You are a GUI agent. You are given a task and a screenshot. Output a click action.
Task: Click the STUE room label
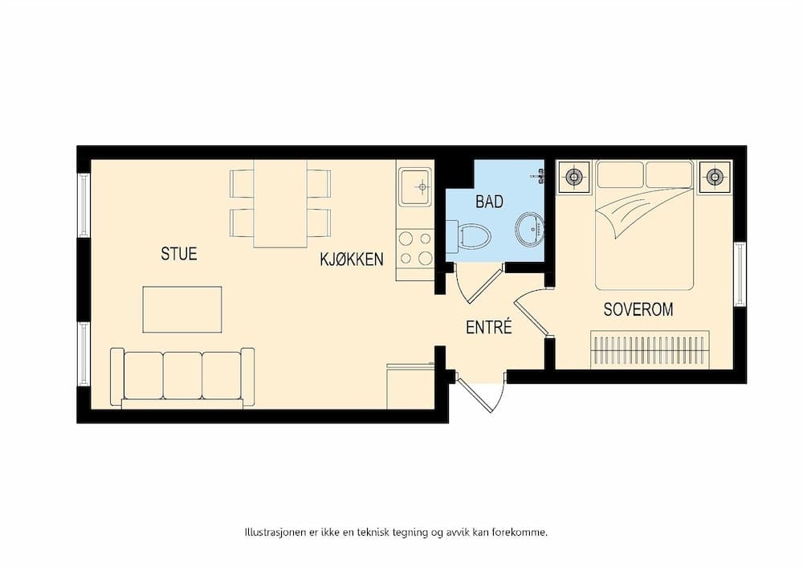point(178,254)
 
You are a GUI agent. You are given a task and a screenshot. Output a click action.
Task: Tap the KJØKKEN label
point(352,259)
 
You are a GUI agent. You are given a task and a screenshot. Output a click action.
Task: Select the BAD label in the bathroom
point(489,202)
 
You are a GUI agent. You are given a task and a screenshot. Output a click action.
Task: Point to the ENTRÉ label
point(489,328)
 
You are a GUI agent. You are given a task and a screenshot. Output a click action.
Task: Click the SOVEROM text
point(638,309)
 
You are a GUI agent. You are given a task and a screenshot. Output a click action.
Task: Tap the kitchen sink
point(415,187)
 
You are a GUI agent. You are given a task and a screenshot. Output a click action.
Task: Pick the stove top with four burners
point(414,247)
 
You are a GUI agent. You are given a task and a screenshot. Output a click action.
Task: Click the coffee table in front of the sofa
point(182,309)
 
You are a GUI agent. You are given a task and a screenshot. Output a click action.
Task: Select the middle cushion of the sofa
point(182,375)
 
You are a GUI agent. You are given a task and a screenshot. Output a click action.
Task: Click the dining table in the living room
point(280,203)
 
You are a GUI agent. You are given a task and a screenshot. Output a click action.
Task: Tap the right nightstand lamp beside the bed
point(714,177)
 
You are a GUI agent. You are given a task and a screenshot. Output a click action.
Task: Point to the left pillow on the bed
point(620,174)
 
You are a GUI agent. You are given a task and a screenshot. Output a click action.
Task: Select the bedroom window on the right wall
point(740,274)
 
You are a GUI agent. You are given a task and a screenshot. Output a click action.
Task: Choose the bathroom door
point(478,284)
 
